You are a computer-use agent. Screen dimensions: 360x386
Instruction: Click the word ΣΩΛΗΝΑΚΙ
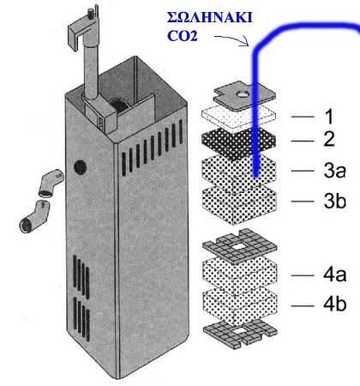tap(210, 18)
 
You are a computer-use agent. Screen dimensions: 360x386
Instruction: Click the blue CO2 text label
tap(183, 36)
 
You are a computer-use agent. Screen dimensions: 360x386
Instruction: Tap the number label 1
tap(330, 117)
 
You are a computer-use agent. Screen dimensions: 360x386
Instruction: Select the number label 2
tap(329, 139)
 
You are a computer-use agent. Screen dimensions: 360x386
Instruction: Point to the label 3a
tap(334, 171)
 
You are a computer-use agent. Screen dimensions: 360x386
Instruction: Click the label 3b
tap(335, 201)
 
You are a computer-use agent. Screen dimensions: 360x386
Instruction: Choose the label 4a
tap(335, 274)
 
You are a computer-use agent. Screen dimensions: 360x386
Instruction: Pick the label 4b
tap(335, 305)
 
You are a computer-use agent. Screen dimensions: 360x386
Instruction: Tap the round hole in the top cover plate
tap(243, 93)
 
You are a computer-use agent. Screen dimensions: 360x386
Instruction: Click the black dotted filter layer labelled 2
tap(238, 144)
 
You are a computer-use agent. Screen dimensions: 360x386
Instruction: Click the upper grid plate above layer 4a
tap(239, 246)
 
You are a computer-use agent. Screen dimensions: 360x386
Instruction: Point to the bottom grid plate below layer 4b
tap(239, 334)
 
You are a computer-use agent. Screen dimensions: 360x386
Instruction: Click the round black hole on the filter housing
tap(81, 167)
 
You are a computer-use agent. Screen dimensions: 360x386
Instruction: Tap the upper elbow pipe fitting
tap(51, 183)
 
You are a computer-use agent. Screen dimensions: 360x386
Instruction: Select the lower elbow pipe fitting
tap(33, 217)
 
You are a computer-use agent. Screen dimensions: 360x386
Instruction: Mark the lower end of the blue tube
tap(256, 174)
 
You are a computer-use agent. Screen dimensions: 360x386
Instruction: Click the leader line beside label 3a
tap(303, 171)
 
